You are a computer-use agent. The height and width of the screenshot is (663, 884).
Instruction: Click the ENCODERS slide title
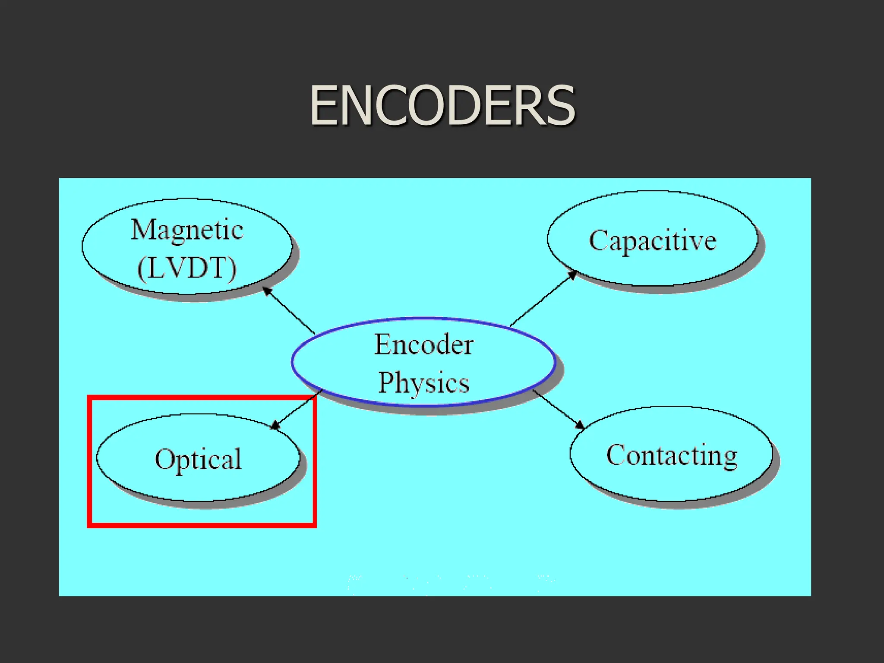click(x=442, y=106)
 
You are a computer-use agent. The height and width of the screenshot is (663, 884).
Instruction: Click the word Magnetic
click(x=187, y=230)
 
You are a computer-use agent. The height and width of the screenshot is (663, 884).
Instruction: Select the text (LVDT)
click(x=187, y=268)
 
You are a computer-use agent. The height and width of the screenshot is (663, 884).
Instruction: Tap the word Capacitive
click(x=653, y=241)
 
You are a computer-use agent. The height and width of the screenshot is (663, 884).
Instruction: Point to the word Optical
click(x=198, y=459)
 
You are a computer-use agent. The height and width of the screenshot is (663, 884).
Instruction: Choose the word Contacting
click(x=672, y=455)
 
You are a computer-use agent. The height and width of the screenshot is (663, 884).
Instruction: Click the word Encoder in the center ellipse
click(x=423, y=345)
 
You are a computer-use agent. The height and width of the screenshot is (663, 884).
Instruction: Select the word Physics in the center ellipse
click(x=423, y=382)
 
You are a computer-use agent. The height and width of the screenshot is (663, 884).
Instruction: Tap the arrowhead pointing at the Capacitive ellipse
click(x=572, y=275)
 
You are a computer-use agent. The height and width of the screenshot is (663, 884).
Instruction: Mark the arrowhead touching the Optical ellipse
click(x=275, y=426)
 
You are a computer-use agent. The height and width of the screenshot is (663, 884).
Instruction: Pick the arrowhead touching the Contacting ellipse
click(x=580, y=425)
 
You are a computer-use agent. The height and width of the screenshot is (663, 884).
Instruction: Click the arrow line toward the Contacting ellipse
click(x=557, y=407)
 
